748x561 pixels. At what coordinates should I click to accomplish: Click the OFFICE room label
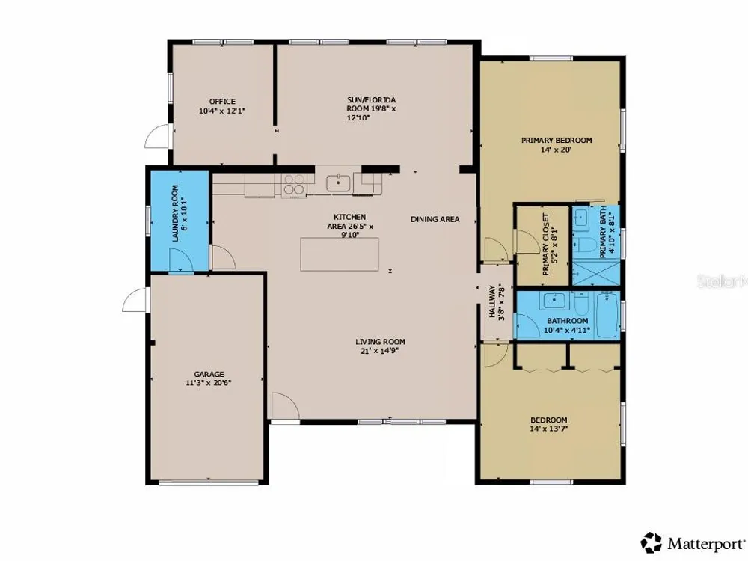coord(222,102)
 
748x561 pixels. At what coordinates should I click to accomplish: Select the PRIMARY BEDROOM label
coord(557,141)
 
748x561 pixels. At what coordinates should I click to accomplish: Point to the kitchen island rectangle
coord(339,254)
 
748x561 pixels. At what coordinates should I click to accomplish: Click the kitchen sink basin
coord(338,183)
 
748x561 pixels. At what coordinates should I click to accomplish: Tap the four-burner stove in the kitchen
coord(294,185)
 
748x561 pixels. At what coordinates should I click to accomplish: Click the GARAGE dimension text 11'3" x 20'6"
coord(209,382)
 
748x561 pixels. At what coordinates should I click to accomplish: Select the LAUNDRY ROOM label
coord(175,213)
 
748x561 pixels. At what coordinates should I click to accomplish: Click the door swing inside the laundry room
coord(181,260)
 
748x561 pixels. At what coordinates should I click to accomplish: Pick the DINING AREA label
coord(435,219)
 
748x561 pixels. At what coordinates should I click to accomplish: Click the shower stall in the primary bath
coord(596,273)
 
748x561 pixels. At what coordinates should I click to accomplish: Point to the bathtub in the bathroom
coord(607,316)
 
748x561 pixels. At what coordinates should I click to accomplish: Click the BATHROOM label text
coord(567,321)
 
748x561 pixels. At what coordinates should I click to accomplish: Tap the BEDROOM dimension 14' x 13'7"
coord(548,429)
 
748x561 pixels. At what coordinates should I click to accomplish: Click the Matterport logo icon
coord(652,543)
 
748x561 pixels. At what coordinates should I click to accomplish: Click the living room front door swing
coord(285,406)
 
